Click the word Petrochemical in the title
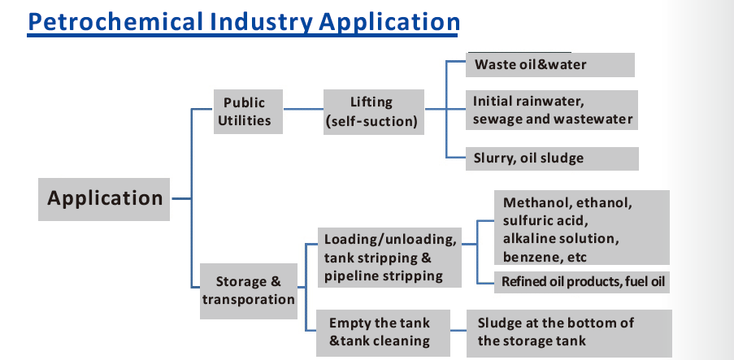coord(115,21)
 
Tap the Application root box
coord(104,199)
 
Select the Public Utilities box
coord(248,111)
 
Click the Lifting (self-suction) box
coord(374,112)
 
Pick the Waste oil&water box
coord(550,64)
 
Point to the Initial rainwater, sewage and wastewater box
coord(552,110)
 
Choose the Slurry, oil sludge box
coord(552,158)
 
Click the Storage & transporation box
coord(249,291)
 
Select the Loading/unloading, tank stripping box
coord(389,258)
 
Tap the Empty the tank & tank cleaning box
coord(383,333)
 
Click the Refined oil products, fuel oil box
coord(582,282)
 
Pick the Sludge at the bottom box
coord(569,333)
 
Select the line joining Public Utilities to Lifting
coord(303,109)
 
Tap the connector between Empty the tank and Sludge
coord(458,331)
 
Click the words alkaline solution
coord(561,238)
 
